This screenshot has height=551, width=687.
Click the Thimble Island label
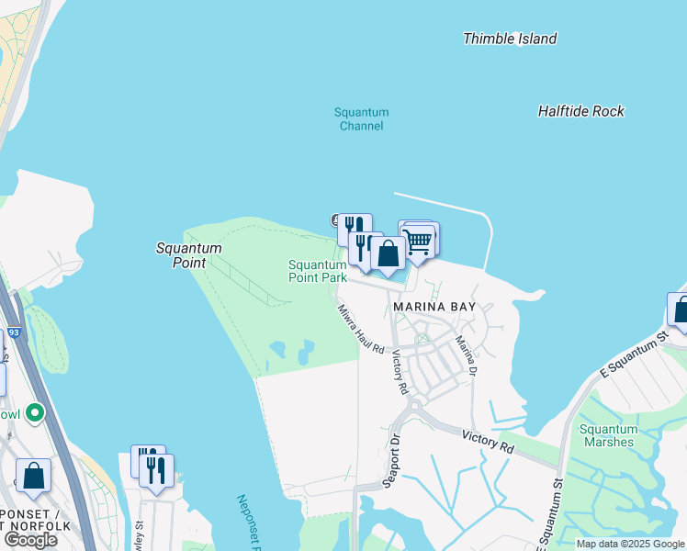tap(510, 39)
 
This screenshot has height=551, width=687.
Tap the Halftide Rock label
tap(580, 111)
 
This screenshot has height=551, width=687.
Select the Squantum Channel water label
tap(361, 119)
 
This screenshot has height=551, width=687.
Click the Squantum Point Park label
tap(317, 270)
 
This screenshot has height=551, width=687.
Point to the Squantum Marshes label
tap(608, 435)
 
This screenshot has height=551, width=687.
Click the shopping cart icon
tap(419, 241)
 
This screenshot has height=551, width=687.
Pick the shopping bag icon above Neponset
tap(33, 476)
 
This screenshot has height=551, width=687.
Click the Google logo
tap(30, 540)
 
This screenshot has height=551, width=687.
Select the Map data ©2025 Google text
tap(631, 544)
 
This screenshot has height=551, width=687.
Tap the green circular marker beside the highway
tap(35, 412)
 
